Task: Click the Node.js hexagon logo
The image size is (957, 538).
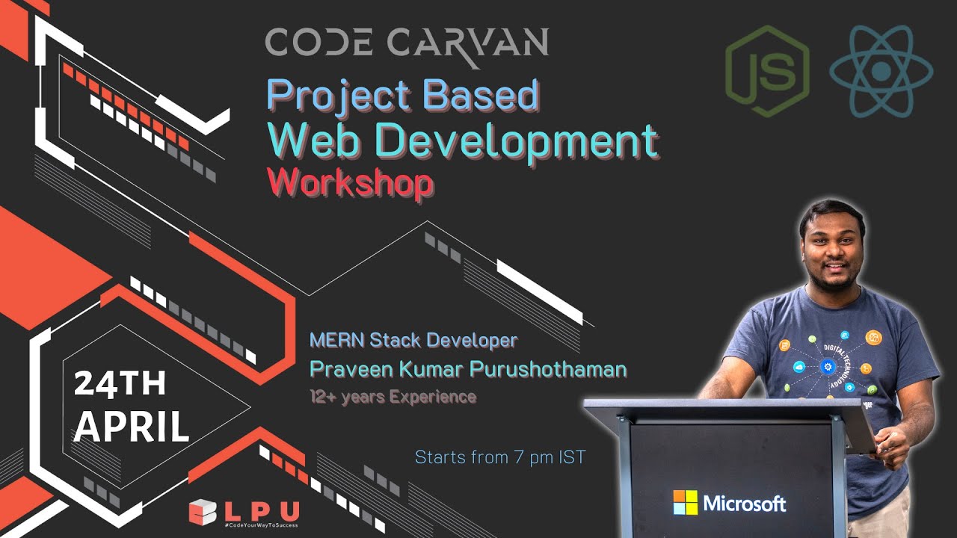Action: pos(767,72)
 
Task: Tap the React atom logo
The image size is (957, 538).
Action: pos(881,72)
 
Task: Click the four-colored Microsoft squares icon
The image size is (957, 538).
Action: pos(685,502)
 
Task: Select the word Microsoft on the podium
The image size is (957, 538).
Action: pos(744,503)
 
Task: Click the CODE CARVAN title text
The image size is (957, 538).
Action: pos(407,43)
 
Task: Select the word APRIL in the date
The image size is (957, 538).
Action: pos(131,426)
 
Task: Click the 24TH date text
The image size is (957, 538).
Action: pos(120,384)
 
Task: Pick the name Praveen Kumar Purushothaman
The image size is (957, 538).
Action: pos(468,369)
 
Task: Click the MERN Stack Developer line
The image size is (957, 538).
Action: pos(413,341)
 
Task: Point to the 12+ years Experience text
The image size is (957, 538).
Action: pos(393,397)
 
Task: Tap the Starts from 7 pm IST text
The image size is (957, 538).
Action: pos(500,457)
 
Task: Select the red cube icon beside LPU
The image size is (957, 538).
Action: pos(203,513)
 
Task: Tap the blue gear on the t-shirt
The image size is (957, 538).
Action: pos(827,366)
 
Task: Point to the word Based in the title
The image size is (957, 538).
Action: pos(481,95)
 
